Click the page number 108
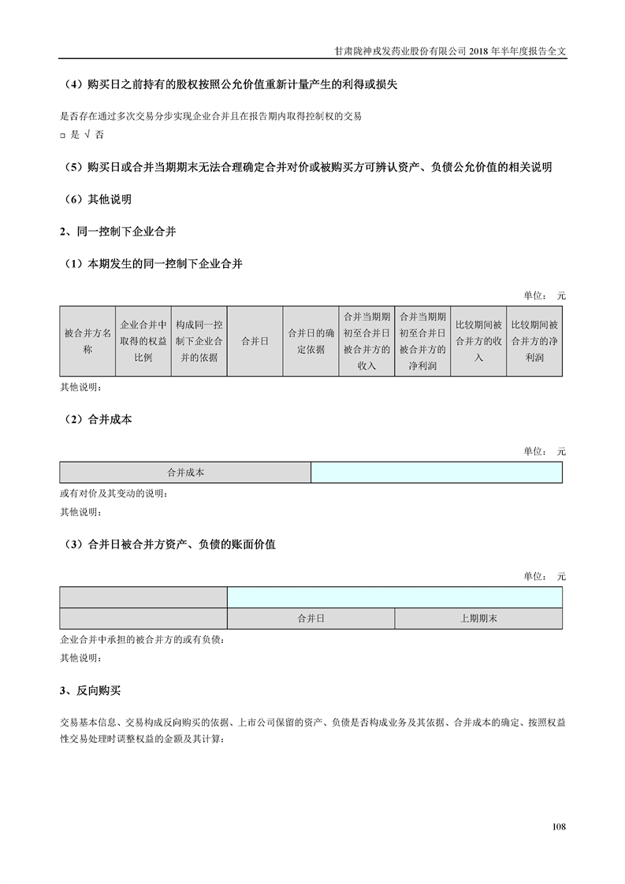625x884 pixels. point(559,826)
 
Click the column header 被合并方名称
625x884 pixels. point(87,340)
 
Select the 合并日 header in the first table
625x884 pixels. point(255,340)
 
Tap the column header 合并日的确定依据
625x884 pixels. point(311,340)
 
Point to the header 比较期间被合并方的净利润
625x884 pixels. point(534,340)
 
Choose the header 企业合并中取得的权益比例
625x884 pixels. point(143,340)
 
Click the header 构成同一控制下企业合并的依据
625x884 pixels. point(199,340)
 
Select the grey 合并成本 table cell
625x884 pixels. point(185,473)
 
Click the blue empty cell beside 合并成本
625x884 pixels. point(437,473)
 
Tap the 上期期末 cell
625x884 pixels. point(478,619)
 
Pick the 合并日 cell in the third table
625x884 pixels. point(311,619)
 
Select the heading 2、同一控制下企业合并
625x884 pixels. point(118,232)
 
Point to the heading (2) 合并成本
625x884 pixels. point(98,420)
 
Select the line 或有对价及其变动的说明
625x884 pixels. point(113,494)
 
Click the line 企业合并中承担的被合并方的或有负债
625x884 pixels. point(141,640)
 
